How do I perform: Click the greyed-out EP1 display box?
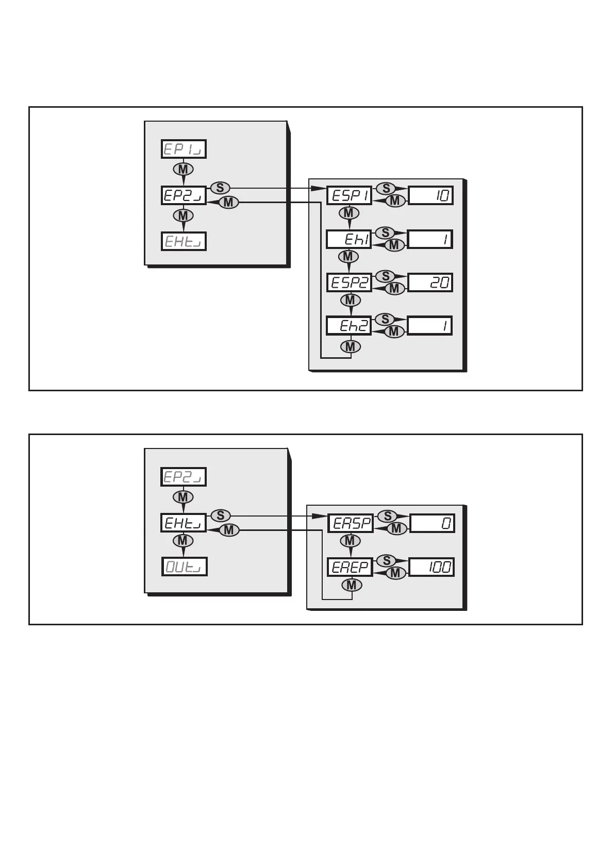point(184,149)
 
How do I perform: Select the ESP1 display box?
point(349,196)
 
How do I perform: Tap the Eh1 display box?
point(349,239)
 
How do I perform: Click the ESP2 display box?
point(350,282)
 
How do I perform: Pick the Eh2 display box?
point(350,326)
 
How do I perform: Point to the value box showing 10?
point(431,195)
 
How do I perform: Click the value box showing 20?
point(430,282)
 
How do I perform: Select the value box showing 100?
point(432,567)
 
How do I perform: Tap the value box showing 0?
point(432,524)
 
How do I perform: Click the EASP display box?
point(351,524)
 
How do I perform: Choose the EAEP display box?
point(351,568)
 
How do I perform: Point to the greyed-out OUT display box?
point(184,567)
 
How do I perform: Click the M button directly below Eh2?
point(351,347)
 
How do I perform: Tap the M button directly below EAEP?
point(352,586)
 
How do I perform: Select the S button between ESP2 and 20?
point(386,276)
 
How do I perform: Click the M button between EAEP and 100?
point(395,573)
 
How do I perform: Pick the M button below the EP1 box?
point(183,169)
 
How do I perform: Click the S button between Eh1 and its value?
point(386,232)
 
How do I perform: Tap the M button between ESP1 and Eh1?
point(349,212)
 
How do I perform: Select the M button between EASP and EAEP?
point(351,541)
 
